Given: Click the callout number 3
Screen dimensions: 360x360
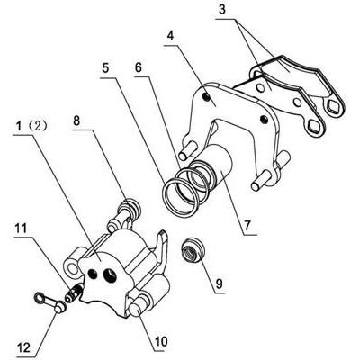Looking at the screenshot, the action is [221, 9].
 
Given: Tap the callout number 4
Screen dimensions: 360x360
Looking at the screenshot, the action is [170, 36].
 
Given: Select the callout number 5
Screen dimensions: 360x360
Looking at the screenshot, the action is [105, 68].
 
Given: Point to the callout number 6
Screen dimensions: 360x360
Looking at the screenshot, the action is [138, 67].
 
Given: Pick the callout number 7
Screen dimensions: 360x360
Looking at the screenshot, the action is [247, 225].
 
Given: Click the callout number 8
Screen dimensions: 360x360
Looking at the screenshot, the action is [76, 121].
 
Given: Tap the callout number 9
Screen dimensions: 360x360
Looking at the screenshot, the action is [220, 283].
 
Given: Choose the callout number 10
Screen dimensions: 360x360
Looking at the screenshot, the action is [161, 341].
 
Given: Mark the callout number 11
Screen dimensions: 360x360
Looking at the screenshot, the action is [21, 229].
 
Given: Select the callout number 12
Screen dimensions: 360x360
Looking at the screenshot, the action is [23, 348].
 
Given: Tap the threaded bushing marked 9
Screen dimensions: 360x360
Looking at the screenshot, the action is [193, 250].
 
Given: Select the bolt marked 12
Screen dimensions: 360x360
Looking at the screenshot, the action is [50, 302].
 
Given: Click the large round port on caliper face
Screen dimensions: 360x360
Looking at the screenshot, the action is [109, 274].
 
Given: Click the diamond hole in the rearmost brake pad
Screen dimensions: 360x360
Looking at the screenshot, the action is [333, 105].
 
